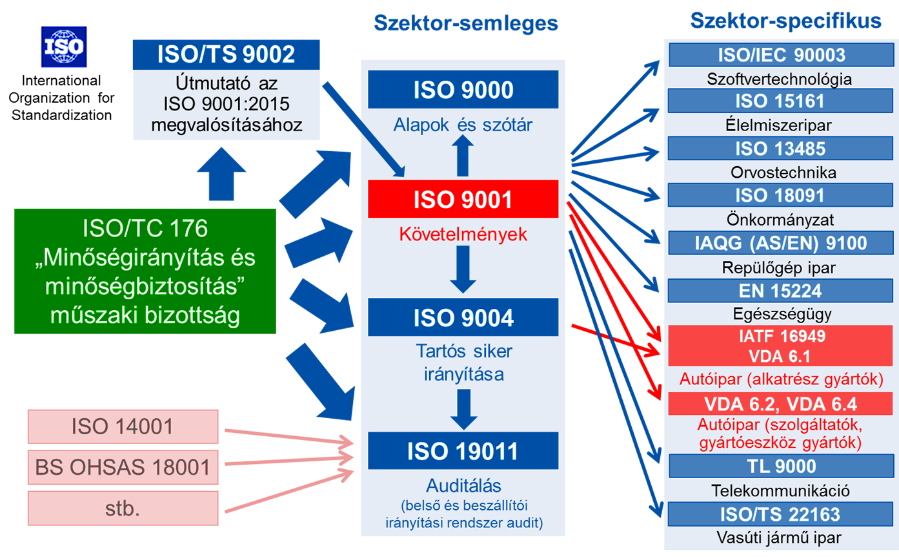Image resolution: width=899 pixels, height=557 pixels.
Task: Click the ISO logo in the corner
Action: [63, 47]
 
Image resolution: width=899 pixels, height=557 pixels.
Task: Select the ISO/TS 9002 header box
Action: [226, 54]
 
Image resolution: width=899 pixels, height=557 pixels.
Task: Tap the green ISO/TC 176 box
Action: [145, 271]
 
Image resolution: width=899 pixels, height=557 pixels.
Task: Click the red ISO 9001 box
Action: [463, 199]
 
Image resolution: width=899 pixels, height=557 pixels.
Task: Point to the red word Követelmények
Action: [463, 234]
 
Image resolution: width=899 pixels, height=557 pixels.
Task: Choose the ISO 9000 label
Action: [463, 90]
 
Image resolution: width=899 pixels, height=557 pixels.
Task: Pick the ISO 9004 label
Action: [463, 318]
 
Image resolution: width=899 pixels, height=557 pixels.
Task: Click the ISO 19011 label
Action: [463, 452]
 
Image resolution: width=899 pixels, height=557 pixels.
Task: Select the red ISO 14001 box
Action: [123, 427]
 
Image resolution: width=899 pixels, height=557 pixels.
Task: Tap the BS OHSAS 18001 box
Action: [123, 467]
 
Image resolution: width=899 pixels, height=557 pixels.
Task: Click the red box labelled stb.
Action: [123, 508]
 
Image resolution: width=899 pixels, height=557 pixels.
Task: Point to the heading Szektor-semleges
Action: [465, 24]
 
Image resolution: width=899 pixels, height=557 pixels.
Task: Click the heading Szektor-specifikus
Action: [785, 21]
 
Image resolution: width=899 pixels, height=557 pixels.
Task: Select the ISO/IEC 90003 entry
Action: [781, 55]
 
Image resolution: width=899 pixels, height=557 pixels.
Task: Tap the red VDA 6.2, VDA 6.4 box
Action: [780, 404]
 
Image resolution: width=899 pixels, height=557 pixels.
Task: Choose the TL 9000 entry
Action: [780, 467]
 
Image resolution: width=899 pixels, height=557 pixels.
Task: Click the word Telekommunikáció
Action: [780, 491]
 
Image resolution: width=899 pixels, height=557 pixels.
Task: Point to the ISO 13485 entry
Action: [780, 149]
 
